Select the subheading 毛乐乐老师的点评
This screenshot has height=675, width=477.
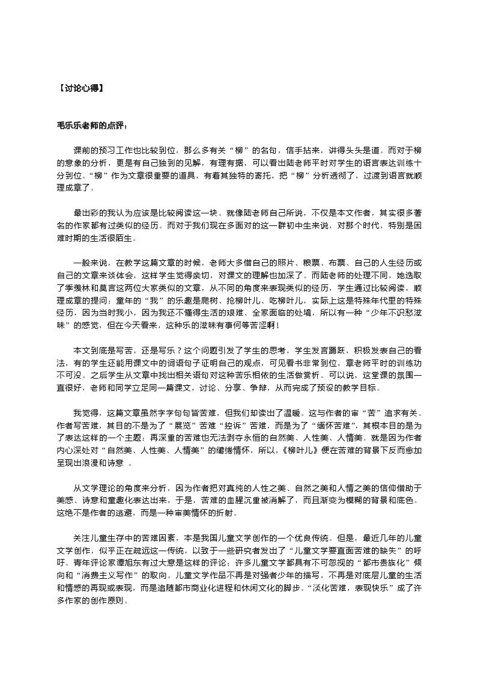(91, 125)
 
